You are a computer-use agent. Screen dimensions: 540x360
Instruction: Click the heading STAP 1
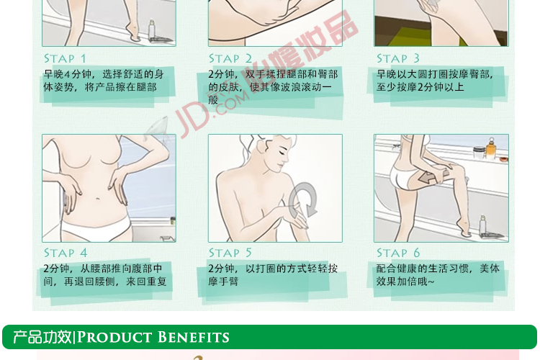point(65,58)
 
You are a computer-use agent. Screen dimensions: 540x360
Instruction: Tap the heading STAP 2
point(230,58)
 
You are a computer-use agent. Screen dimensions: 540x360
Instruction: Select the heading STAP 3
point(397,58)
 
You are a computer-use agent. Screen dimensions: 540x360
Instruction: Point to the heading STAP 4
point(66,253)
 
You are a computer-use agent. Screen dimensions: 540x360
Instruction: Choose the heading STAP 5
point(230,253)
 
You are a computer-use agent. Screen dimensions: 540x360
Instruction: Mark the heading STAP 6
point(398,253)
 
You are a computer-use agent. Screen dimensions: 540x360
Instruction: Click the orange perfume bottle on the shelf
point(491,148)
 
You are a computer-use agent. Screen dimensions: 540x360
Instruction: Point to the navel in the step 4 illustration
point(98,199)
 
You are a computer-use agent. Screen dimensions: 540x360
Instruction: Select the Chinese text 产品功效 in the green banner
point(42,337)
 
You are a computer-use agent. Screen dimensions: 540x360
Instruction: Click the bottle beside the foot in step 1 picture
point(151,30)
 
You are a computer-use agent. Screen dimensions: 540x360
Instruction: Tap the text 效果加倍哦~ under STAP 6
point(405,282)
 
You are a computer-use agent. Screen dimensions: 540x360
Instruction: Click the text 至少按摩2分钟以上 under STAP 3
point(420,87)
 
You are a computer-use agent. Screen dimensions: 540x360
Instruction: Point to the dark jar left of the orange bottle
point(479,152)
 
